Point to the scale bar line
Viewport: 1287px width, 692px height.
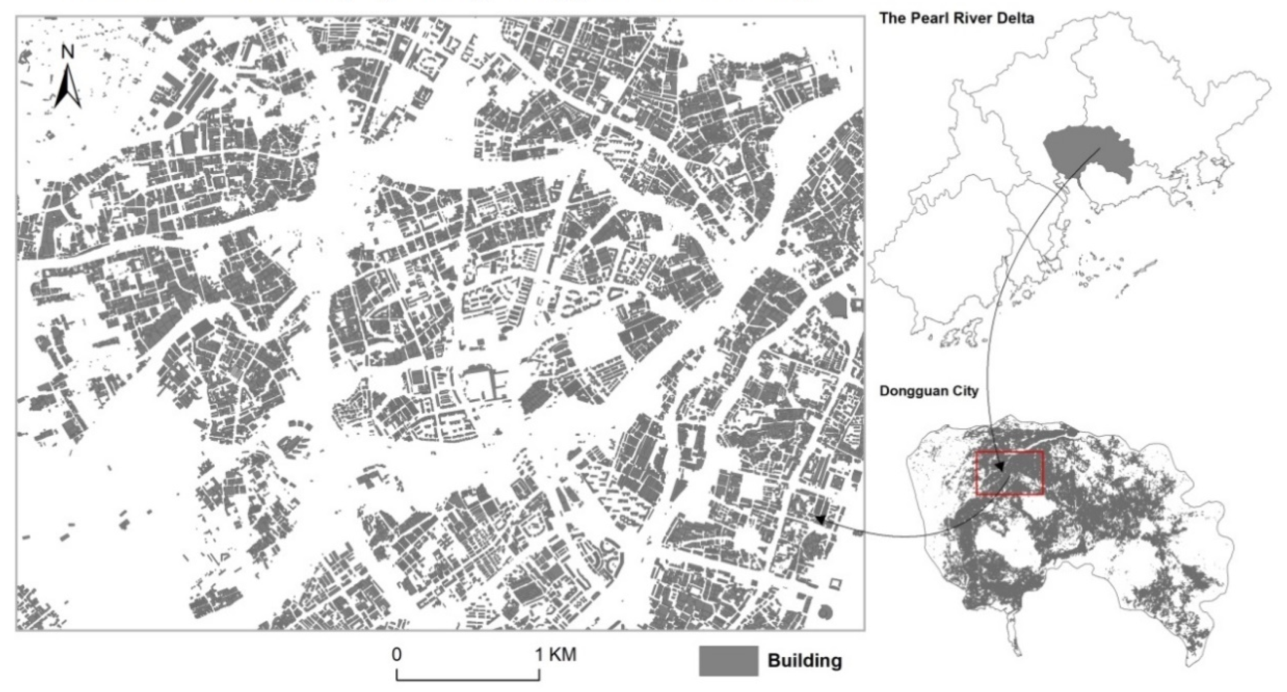[x=468, y=679]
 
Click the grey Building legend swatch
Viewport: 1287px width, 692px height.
[x=728, y=661]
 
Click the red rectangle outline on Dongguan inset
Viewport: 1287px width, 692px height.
[x=1009, y=452]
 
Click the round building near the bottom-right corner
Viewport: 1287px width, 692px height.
[x=825, y=611]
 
